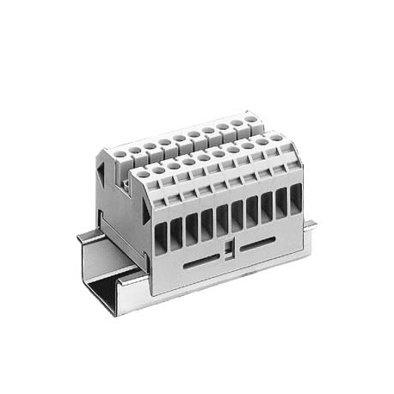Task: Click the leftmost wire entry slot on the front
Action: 161,235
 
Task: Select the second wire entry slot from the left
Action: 176,231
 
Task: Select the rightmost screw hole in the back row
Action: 249,120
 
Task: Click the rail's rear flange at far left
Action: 86,234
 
